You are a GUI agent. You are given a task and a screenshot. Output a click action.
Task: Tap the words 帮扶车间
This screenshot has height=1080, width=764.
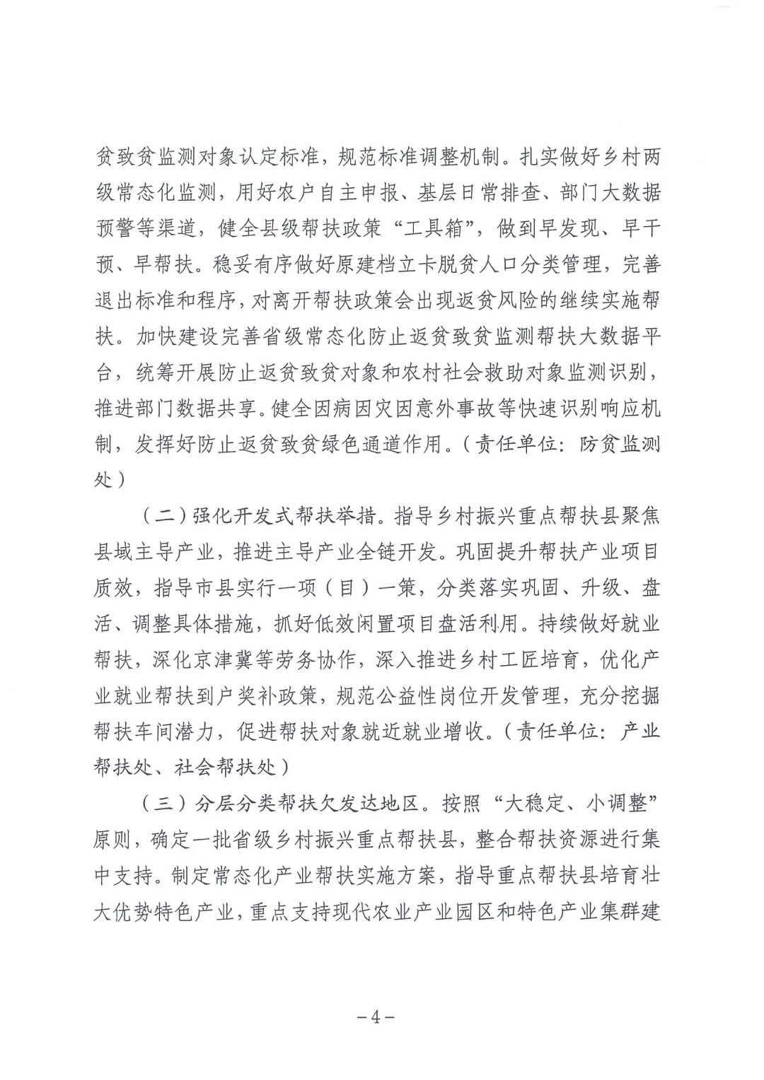coord(155,732)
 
